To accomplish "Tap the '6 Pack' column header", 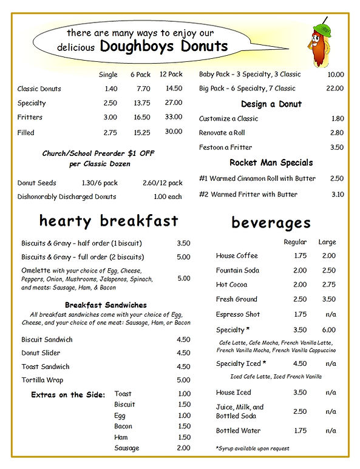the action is (x=140, y=75).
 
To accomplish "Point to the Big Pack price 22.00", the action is (x=335, y=89).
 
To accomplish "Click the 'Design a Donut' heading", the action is (x=271, y=104).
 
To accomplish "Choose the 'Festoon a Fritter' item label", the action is (x=225, y=147).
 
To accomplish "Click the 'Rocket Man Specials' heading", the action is (x=271, y=163).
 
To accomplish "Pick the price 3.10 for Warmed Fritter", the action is (x=338, y=194).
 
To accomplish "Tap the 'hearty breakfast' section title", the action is (x=109, y=220).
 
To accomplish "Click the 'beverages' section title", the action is (x=271, y=223).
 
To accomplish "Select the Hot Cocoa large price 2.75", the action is (x=328, y=285).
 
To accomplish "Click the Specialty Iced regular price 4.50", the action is (x=300, y=364).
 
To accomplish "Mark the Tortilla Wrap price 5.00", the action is (x=183, y=380).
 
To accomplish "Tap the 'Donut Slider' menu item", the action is (x=40, y=353).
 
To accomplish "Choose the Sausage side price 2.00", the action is (x=183, y=448).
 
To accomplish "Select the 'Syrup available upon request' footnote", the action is (x=252, y=448).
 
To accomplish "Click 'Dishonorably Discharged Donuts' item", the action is (x=67, y=197).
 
